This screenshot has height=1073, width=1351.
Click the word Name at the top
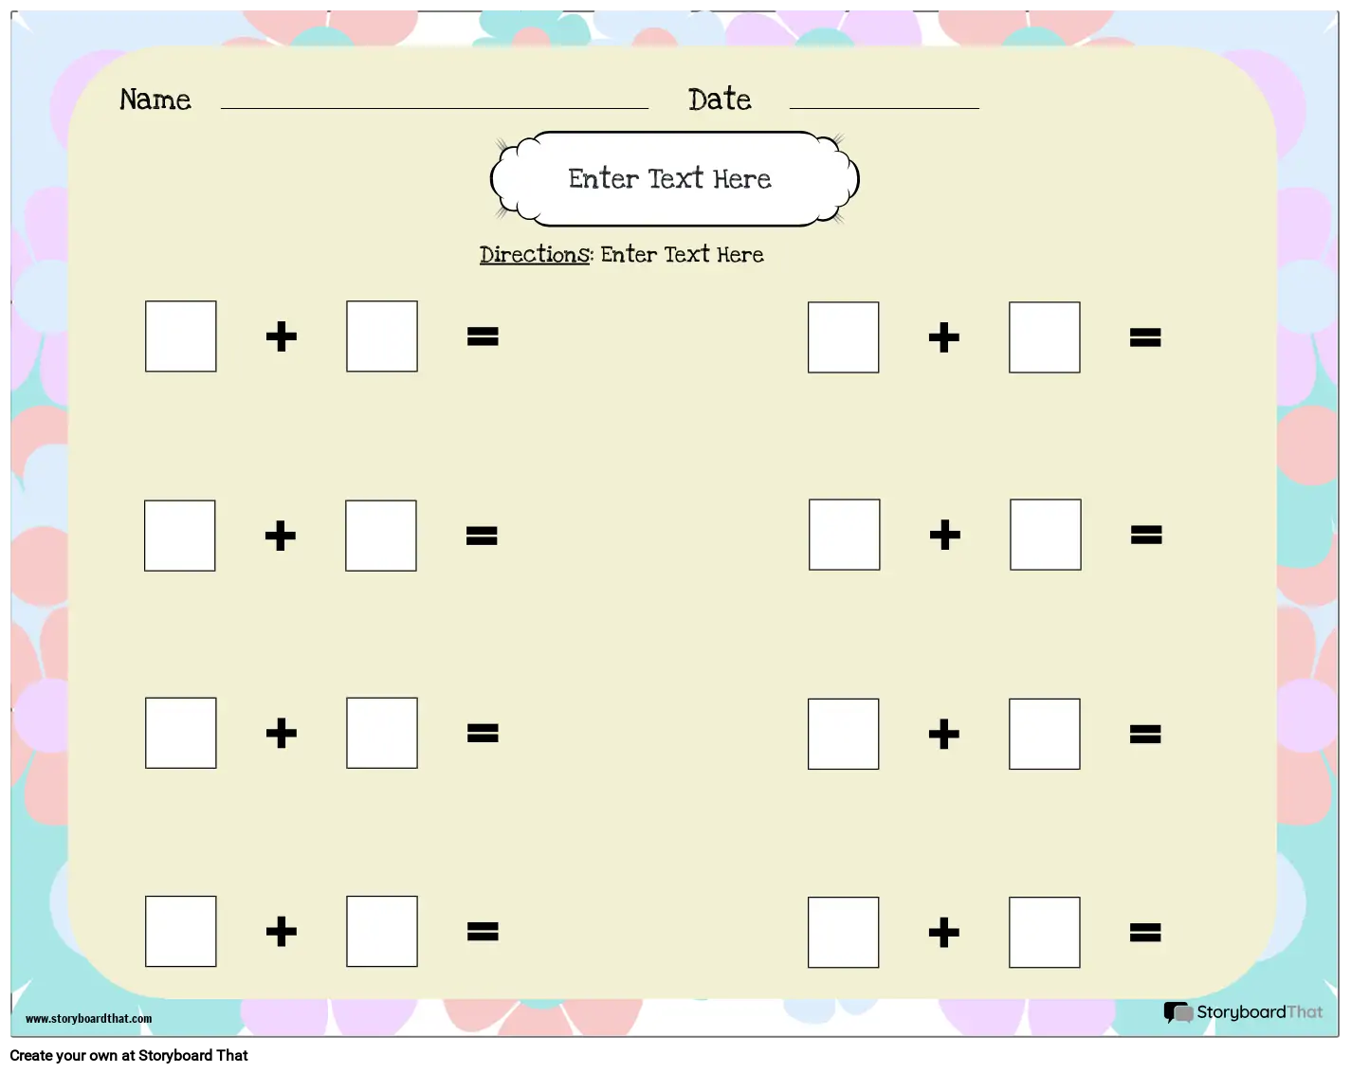[155, 100]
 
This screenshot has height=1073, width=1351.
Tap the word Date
[720, 100]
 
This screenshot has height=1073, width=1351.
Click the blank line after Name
[434, 109]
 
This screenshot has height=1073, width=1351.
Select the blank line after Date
[884, 109]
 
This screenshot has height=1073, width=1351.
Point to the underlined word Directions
[535, 254]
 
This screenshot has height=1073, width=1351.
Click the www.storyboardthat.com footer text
[88, 1018]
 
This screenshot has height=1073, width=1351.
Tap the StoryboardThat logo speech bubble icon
[1178, 1012]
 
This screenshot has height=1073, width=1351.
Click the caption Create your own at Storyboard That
[129, 1055]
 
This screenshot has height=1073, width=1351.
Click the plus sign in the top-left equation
[282, 336]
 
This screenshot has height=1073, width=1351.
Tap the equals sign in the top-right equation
[1145, 337]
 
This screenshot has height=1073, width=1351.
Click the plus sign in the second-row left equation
[281, 536]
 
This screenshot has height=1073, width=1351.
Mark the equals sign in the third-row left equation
[483, 734]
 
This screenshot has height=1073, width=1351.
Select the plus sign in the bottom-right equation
[944, 933]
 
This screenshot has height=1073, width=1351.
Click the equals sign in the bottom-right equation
[1145, 933]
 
